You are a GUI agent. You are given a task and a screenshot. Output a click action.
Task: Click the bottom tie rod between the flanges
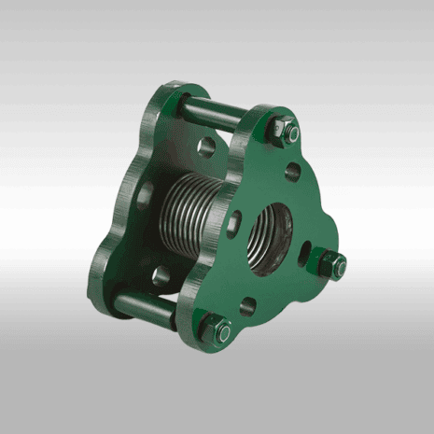pos(145,308)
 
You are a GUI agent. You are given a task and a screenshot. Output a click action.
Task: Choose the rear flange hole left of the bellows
pos(145,197)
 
